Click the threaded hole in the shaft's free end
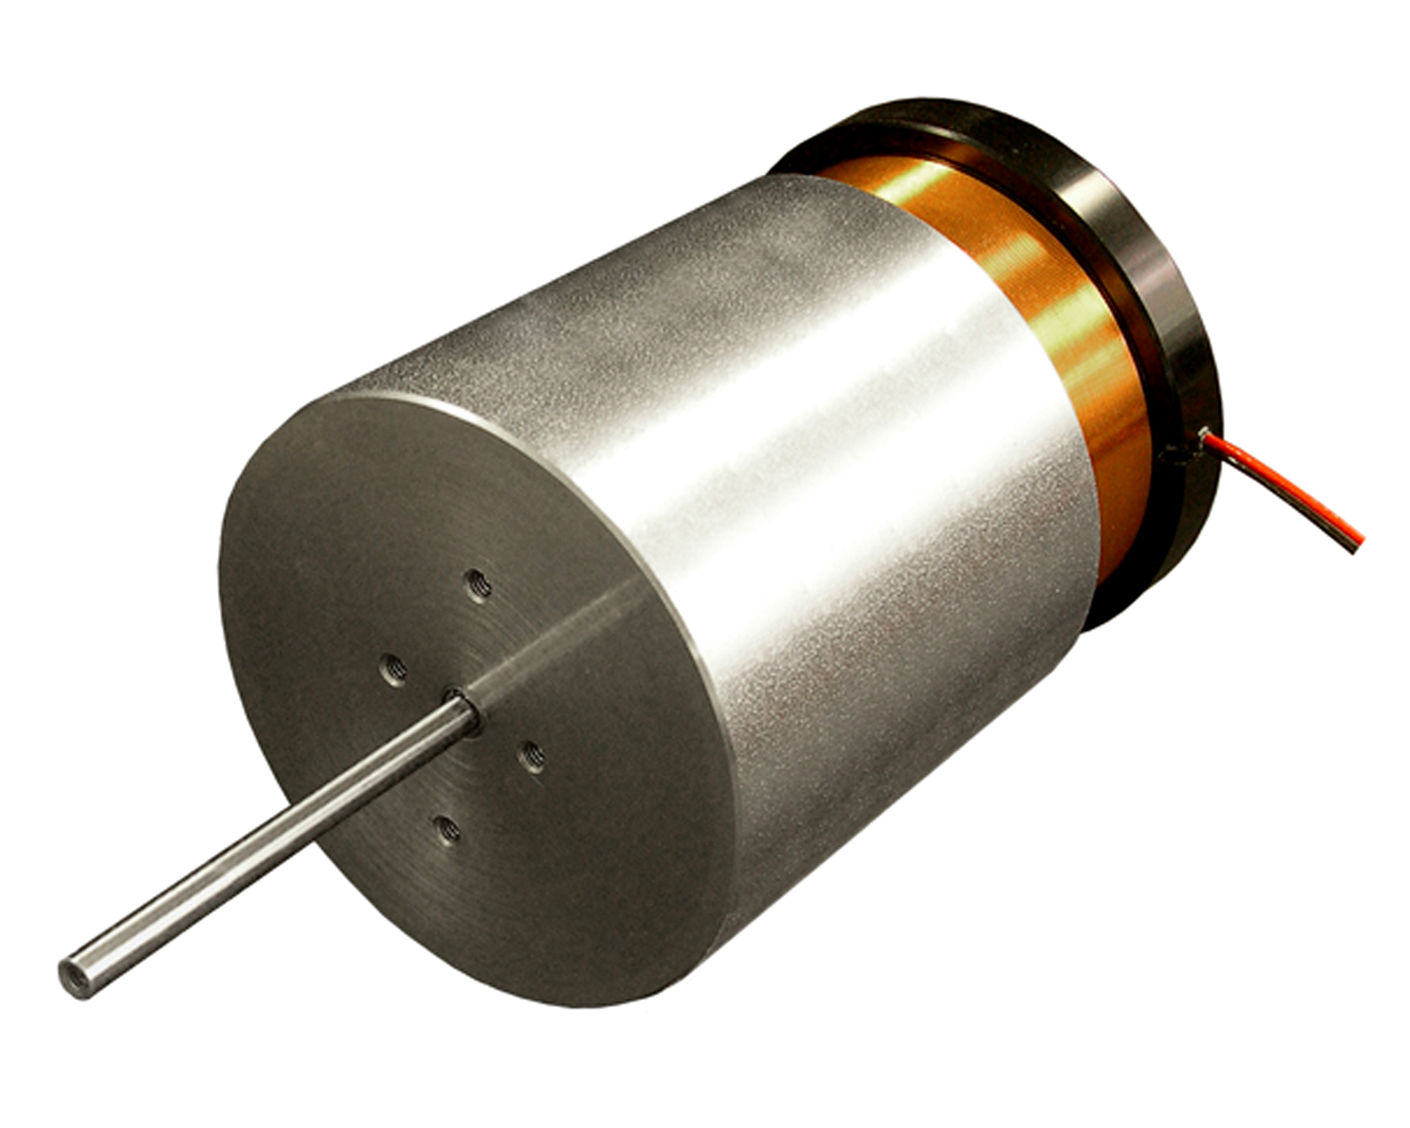pyautogui.click(x=75, y=977)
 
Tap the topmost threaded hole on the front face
pyautogui.click(x=479, y=587)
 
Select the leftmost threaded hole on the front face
pyautogui.click(x=394, y=670)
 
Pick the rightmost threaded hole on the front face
pyautogui.click(x=532, y=755)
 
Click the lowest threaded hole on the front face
pyautogui.click(x=447, y=829)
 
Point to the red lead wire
pyautogui.click(x=1288, y=489)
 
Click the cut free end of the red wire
pyautogui.click(x=1356, y=544)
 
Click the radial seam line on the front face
pyautogui.click(x=555, y=649)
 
